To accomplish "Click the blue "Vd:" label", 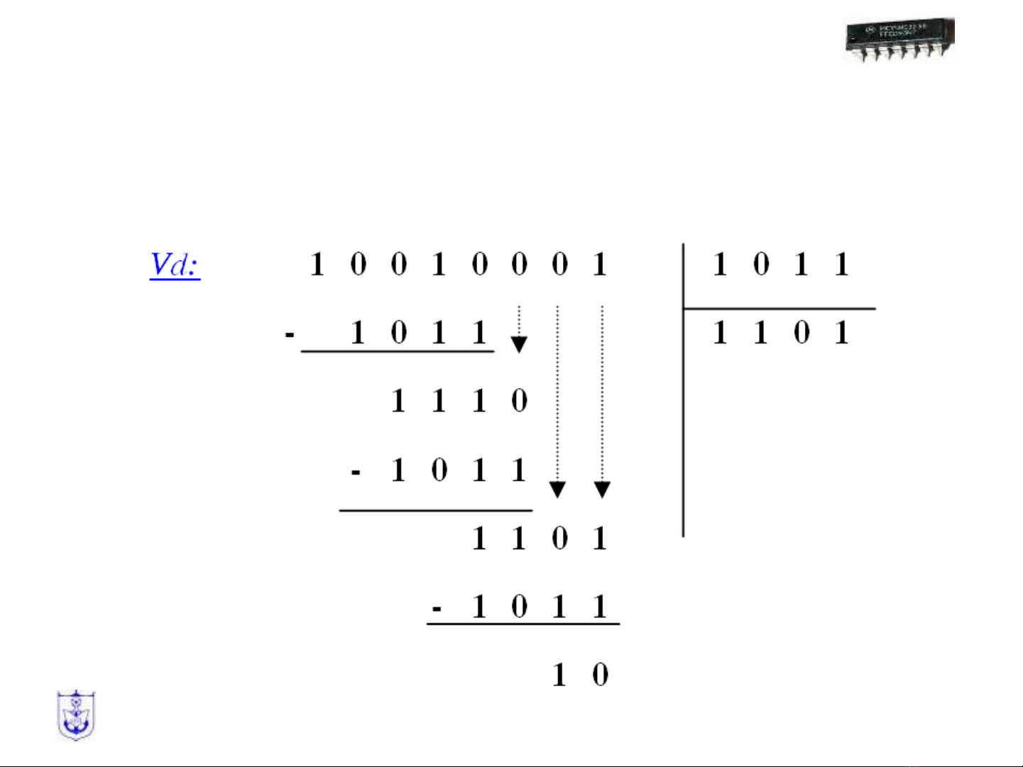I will (175, 265).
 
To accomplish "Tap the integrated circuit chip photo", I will (899, 40).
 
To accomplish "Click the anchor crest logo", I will (76, 715).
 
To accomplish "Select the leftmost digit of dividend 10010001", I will (317, 265).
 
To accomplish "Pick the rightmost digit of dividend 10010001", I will (600, 265).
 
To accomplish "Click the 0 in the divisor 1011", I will (761, 265).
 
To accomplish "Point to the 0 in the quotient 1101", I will (802, 332).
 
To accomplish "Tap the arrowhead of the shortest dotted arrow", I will (519, 345).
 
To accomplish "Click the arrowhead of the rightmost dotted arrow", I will (602, 490).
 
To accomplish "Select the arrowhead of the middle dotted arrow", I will (557, 490).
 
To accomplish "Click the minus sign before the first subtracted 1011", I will (289, 333).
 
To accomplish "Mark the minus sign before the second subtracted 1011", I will (356, 471).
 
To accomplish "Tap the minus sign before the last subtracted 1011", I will (437, 609).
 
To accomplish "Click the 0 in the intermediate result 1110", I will (519, 401).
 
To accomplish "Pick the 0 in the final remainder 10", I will (600, 674).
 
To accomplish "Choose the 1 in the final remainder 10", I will (559, 674).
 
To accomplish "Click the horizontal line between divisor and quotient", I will (779, 309).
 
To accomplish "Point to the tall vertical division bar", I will (683, 390).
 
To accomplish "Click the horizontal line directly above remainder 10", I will (523, 624).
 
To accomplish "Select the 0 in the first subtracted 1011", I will (398, 332).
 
